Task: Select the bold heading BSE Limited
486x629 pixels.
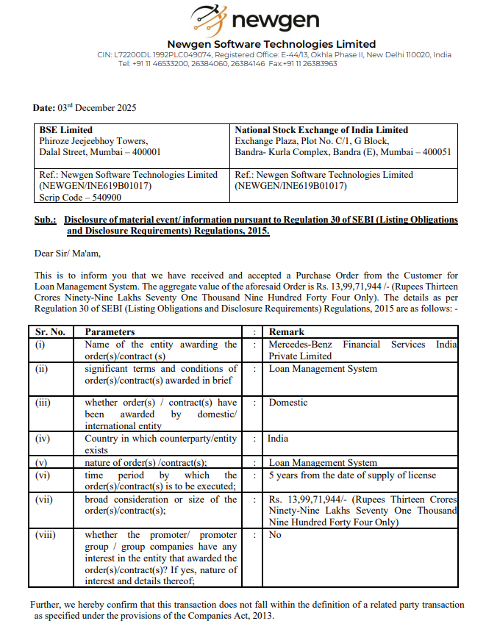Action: [66, 130]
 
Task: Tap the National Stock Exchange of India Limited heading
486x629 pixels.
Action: [321, 130]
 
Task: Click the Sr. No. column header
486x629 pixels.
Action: [51, 332]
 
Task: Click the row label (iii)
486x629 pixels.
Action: [44, 403]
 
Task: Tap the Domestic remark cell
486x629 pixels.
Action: [288, 403]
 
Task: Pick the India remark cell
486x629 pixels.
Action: [278, 439]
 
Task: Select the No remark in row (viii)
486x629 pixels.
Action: [275, 535]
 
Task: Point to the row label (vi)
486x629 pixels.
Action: [44, 475]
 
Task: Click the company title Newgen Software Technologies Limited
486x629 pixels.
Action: [271, 44]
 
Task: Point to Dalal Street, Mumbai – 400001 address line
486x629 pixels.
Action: [100, 152]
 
